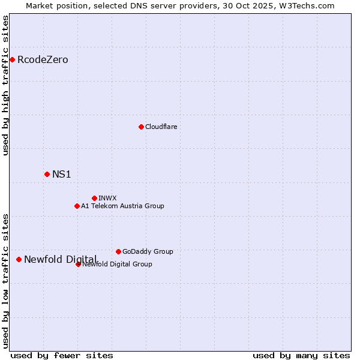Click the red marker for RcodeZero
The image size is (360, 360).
pyautogui.click(x=12, y=59)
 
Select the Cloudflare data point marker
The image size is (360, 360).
pyautogui.click(x=141, y=127)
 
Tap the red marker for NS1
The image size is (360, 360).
pyautogui.click(x=47, y=174)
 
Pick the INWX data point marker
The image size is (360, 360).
pyautogui.click(x=94, y=198)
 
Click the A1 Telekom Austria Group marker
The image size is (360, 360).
pyautogui.click(x=77, y=206)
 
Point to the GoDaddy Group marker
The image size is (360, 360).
pyautogui.click(x=118, y=251)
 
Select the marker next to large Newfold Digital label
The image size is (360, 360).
pyautogui.click(x=19, y=259)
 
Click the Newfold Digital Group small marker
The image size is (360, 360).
pyautogui.click(x=78, y=264)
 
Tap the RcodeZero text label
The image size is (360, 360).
pyautogui.click(x=43, y=59)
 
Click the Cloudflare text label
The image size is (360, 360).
pyautogui.click(x=161, y=127)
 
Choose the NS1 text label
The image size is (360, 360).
pyautogui.click(x=61, y=174)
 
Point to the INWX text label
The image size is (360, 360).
pyautogui.click(x=107, y=198)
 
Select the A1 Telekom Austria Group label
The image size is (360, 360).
pyautogui.click(x=122, y=206)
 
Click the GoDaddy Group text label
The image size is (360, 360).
pyautogui.click(x=148, y=251)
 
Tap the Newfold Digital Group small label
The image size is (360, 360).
pyautogui.click(x=118, y=264)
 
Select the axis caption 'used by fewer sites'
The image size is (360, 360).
pyautogui.click(x=62, y=355)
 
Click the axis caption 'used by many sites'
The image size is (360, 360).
pyautogui.click(x=301, y=355)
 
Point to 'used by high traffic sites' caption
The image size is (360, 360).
pyautogui.click(x=5, y=85)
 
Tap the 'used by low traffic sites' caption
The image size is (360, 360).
pyautogui.click(x=5, y=280)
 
